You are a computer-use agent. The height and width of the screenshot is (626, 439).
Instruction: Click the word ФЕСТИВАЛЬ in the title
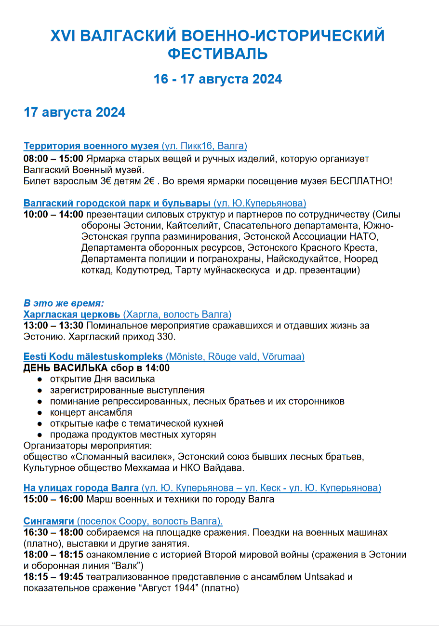(x=218, y=54)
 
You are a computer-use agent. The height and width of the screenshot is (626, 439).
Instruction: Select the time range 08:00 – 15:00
(x=53, y=159)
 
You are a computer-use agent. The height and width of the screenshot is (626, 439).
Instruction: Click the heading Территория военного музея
(x=91, y=146)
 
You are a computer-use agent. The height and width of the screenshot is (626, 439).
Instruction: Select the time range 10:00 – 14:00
(x=53, y=215)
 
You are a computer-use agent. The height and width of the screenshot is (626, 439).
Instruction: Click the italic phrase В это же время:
(x=64, y=303)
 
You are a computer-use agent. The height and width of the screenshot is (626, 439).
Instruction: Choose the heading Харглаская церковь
(x=72, y=314)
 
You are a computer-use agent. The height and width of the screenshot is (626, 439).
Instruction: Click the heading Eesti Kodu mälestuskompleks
(x=93, y=357)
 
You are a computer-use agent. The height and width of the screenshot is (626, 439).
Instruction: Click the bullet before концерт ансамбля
(x=40, y=413)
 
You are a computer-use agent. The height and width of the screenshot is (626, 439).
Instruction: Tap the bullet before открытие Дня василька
(x=40, y=380)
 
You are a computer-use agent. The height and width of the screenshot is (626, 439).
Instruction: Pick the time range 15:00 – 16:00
(x=53, y=499)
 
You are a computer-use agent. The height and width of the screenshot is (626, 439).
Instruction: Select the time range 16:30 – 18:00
(x=53, y=532)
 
